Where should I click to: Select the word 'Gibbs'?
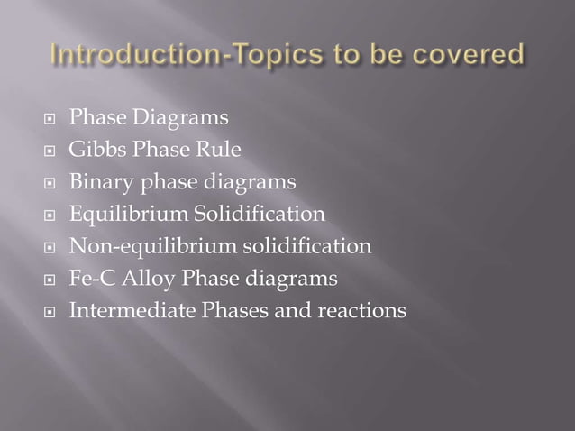[x=96, y=150]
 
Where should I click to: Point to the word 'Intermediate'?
[x=126, y=311]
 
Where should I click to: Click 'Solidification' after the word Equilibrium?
[x=269, y=215]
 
